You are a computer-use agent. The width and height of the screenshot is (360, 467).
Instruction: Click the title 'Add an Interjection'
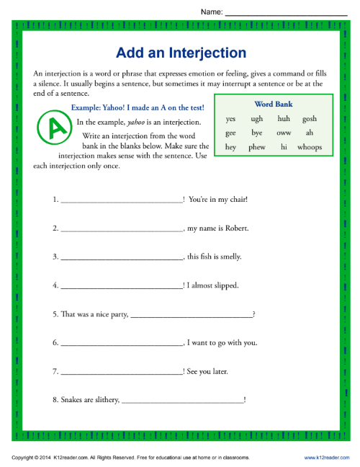pos(181,53)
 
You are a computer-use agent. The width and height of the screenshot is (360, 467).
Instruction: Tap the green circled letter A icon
pos(52,127)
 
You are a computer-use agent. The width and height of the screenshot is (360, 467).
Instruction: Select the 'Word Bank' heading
pos(274,104)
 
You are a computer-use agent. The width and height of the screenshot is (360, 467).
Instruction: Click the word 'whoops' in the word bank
pos(309,147)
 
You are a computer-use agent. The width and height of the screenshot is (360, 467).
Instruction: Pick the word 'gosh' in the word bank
pos(309,119)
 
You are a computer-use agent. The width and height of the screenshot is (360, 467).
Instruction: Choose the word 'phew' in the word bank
pos(256,147)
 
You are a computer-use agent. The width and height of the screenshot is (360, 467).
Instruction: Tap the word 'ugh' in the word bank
pos(256,119)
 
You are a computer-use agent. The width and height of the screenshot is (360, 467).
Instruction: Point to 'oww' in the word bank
pos(283,133)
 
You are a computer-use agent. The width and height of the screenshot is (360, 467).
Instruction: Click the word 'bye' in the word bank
pos(256,133)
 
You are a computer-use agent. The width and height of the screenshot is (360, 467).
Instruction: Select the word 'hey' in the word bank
pos(230,147)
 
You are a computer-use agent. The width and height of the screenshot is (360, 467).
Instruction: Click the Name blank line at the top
pos(286,14)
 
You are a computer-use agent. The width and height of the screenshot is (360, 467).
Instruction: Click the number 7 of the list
pos(55,371)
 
